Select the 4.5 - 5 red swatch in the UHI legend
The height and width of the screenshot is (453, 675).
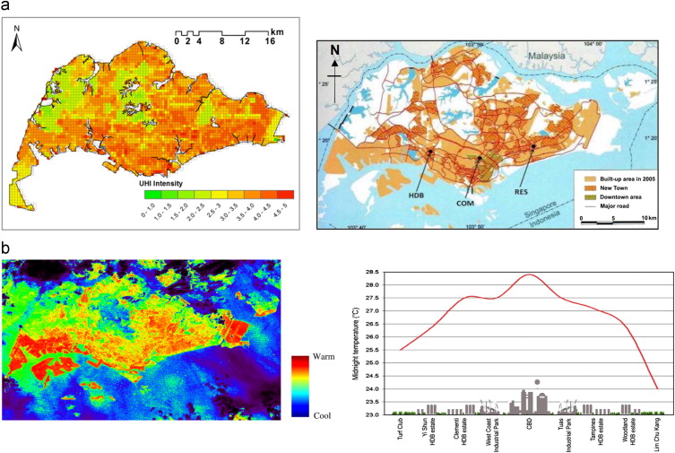(x=285, y=195)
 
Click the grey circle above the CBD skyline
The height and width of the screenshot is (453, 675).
(x=536, y=382)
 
